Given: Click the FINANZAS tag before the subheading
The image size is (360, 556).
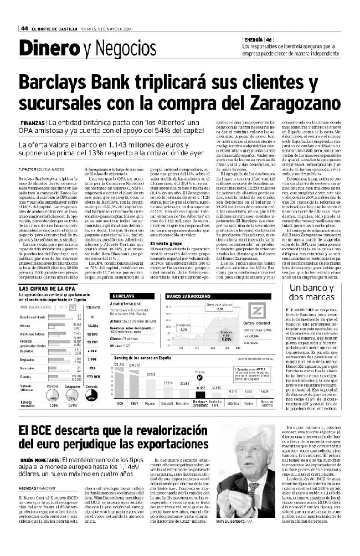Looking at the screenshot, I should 34,122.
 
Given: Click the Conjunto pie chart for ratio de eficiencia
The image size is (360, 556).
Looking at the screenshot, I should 92,398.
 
